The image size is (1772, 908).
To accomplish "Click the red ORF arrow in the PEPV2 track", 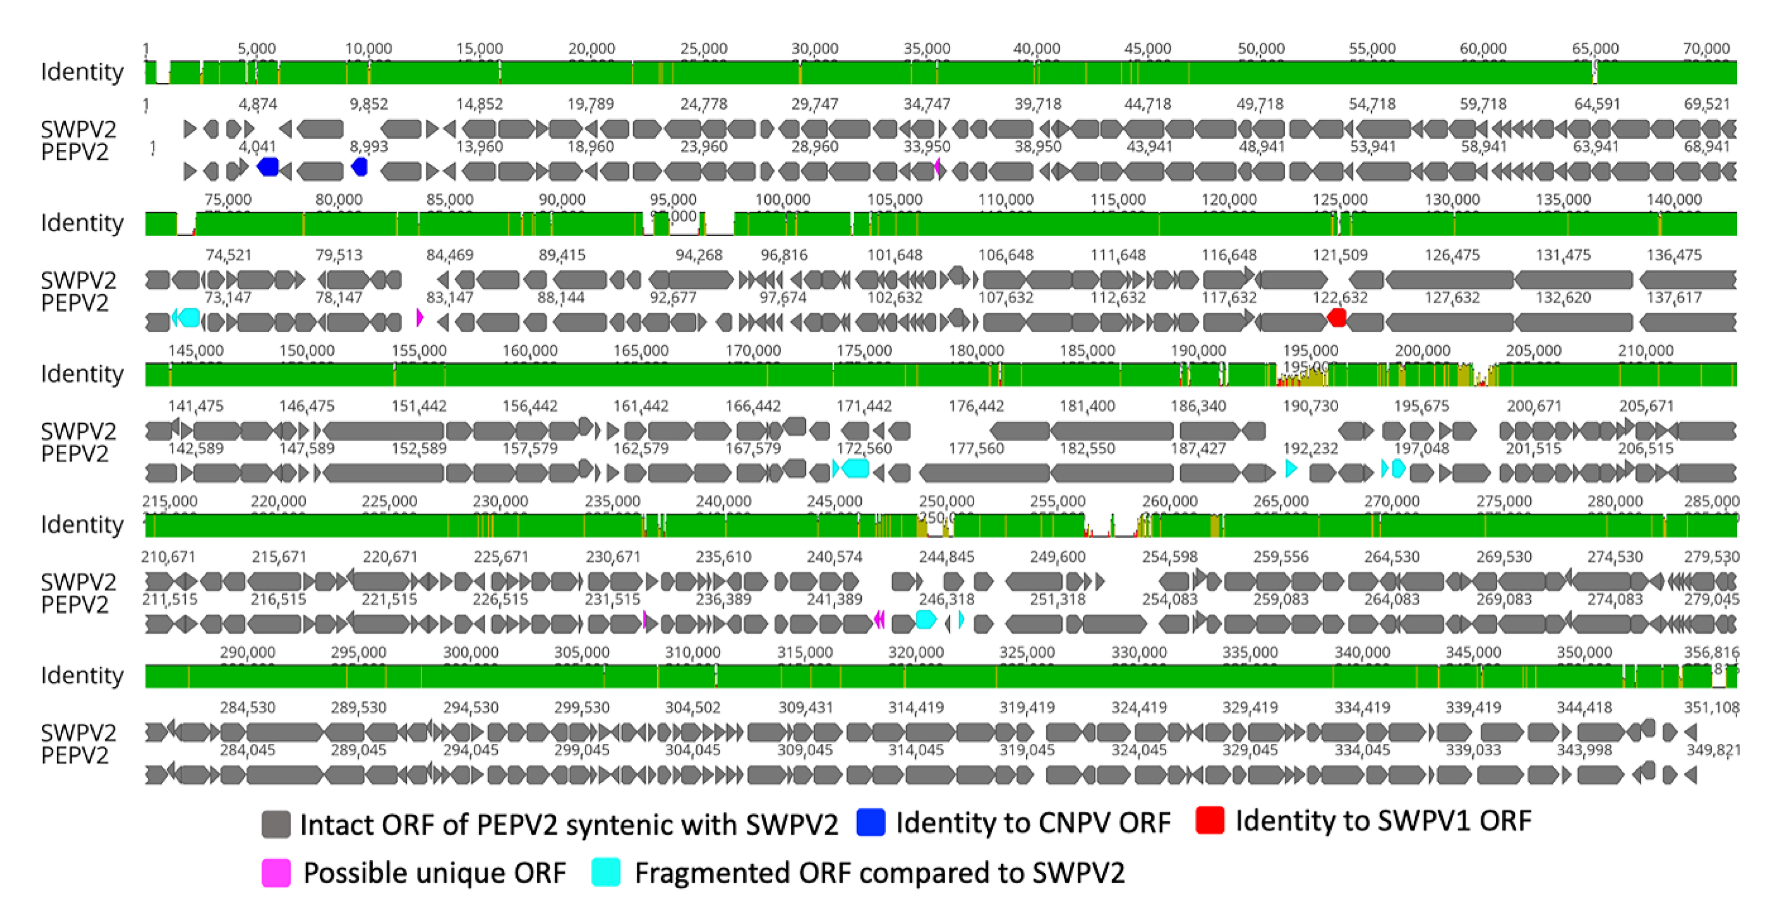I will point(1337,318).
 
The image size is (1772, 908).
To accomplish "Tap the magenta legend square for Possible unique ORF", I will point(276,873).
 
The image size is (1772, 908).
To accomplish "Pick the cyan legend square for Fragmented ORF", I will point(606,872).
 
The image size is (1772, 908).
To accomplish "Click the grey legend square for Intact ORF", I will point(276,824).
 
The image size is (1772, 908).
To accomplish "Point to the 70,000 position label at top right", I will point(1706,49).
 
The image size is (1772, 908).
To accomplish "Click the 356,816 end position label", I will point(1711,652).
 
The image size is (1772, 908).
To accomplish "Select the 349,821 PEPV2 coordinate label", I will point(1713,750).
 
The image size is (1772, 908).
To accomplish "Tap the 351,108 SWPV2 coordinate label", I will point(1711,708).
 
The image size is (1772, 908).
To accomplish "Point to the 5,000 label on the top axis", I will point(257,49).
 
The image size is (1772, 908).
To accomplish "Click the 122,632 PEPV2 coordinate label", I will point(1340,297).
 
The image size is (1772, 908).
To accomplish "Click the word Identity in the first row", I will point(82,71).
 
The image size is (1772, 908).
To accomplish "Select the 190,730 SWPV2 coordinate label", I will point(1310,406).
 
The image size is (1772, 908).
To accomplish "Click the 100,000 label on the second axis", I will point(783,200).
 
